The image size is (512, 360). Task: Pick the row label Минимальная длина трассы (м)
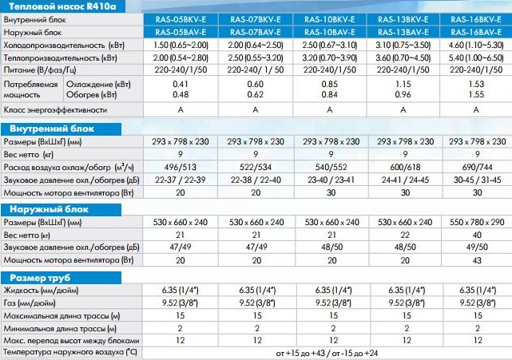click(60, 327)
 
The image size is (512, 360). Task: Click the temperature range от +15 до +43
click(303, 352)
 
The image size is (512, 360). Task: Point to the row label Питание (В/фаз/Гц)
click(43, 71)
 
